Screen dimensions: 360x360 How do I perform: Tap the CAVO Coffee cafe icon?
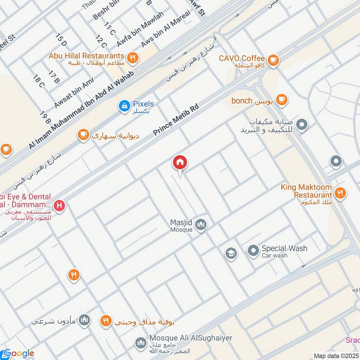273,59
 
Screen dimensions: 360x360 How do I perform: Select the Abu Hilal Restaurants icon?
132,57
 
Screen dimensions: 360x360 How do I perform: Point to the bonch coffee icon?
282,99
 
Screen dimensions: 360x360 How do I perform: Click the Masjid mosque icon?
201,224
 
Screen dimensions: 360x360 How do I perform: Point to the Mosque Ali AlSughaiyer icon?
139,343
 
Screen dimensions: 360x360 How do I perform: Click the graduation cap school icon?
231,254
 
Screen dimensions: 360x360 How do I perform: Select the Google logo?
18,353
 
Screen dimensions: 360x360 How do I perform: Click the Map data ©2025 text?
335,355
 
